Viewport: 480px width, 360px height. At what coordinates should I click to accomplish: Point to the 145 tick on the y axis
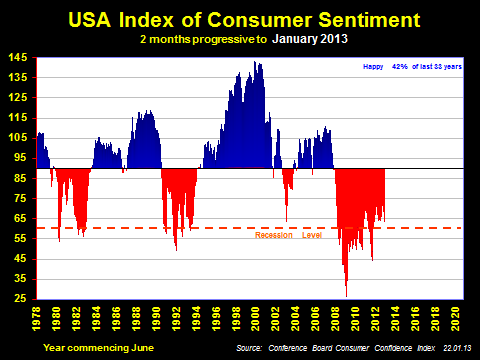pyautogui.click(x=20, y=59)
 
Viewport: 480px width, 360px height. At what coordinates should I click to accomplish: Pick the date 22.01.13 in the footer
pyautogui.click(x=450, y=347)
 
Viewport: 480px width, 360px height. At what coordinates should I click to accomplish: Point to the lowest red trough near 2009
pyautogui.click(x=347, y=296)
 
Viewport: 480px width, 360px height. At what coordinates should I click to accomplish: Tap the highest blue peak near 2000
pyautogui.click(x=257, y=62)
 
